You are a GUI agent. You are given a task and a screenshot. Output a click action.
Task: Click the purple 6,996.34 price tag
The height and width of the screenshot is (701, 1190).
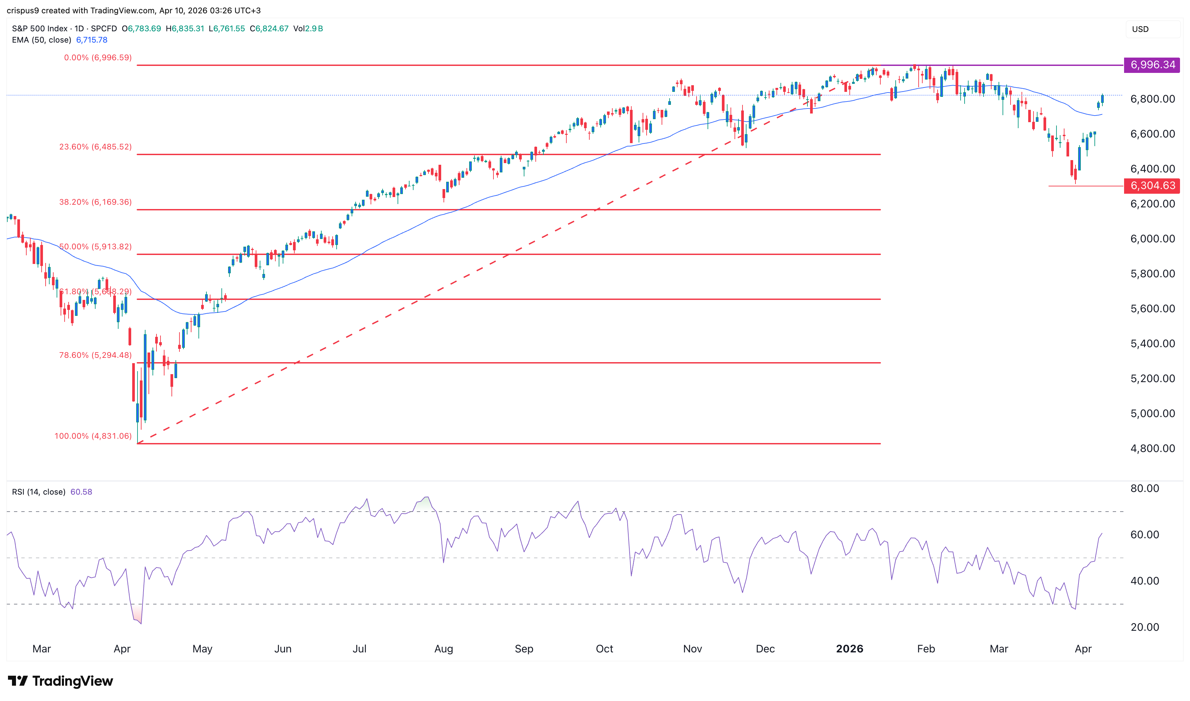(1152, 65)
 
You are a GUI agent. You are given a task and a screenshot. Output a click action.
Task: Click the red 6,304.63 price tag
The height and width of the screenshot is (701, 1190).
(1152, 186)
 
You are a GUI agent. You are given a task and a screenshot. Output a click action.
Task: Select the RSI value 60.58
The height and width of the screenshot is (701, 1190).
(81, 492)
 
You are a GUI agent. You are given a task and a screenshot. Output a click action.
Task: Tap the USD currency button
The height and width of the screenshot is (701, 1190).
(1140, 29)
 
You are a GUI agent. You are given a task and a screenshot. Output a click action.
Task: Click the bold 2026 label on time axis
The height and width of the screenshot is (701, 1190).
(849, 648)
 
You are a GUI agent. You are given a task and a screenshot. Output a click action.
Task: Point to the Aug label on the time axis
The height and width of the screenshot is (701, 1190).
(444, 648)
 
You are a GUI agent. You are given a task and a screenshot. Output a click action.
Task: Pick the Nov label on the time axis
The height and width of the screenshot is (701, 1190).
(692, 648)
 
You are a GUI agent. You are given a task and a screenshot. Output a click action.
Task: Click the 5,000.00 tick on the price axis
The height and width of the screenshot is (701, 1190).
(1152, 413)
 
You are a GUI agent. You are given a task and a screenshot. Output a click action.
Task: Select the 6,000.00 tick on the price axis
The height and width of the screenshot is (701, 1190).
(1152, 239)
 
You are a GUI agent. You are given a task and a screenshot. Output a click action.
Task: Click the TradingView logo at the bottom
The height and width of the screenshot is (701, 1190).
(61, 681)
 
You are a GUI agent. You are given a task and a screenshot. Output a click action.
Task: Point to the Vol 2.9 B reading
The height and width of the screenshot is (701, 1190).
(308, 28)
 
